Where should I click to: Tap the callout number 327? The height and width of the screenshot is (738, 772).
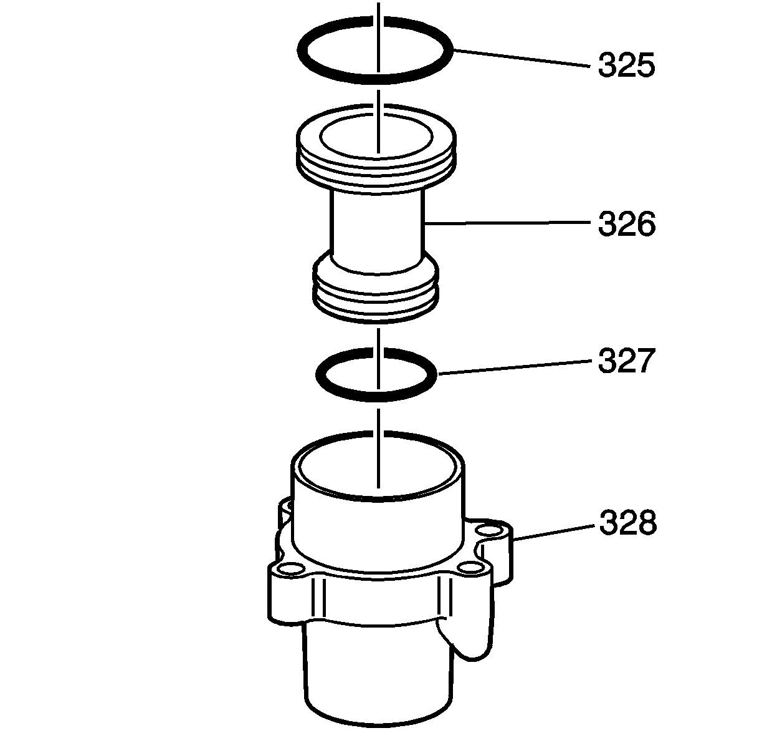[x=626, y=361]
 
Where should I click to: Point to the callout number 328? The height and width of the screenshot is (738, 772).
[x=628, y=523]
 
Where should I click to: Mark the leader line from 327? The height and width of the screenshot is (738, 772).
[x=514, y=367]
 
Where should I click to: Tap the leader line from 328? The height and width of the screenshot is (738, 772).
[x=553, y=532]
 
